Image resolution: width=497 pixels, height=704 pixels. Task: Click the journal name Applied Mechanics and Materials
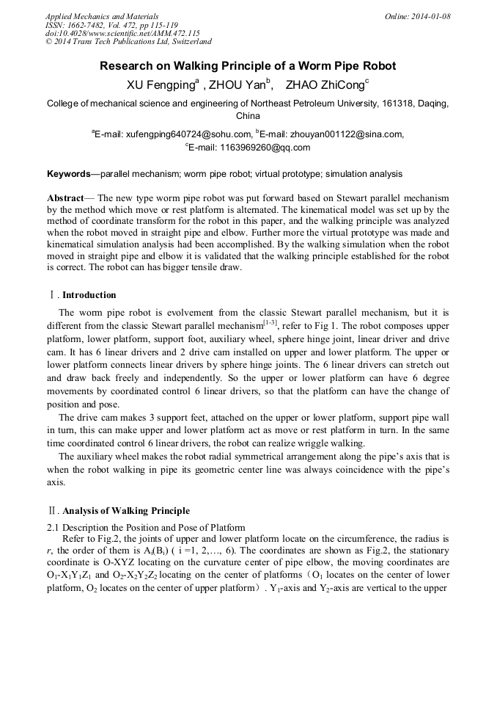click(102, 16)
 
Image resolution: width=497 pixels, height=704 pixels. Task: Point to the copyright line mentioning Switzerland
click(128, 42)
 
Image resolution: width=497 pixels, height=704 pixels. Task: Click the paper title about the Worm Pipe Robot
click(248, 66)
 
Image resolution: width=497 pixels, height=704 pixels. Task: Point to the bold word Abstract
click(65, 198)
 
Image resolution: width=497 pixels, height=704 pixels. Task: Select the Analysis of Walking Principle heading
click(125, 511)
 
